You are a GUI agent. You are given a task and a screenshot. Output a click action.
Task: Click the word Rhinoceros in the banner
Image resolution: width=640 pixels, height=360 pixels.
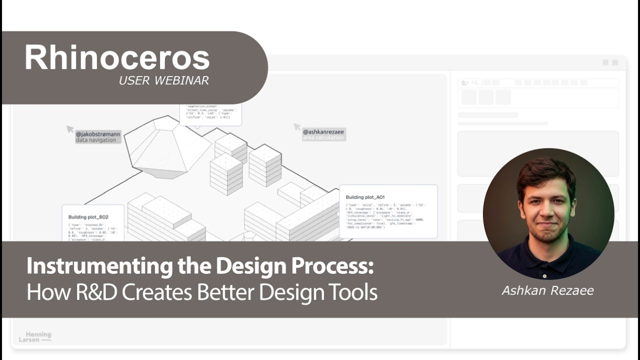(117, 57)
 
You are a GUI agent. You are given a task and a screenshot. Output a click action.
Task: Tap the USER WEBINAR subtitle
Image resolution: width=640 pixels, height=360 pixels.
(163, 80)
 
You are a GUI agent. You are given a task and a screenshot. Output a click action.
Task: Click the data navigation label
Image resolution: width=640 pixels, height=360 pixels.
(95, 140)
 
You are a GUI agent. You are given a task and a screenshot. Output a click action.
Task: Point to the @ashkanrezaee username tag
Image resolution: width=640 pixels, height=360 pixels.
(323, 132)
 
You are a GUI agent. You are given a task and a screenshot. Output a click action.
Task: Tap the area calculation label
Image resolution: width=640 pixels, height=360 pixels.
(323, 138)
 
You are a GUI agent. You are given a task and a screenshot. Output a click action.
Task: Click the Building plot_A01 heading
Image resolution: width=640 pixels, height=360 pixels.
(365, 197)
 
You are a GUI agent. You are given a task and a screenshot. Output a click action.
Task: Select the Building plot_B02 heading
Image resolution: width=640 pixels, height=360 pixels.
(88, 217)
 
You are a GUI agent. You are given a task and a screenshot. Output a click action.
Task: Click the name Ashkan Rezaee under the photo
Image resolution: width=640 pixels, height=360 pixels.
(547, 290)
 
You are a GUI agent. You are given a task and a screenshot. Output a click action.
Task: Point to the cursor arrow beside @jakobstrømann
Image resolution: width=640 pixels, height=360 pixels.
(70, 129)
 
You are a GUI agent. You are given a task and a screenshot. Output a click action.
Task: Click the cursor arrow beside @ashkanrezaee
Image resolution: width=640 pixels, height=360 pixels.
(297, 127)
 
